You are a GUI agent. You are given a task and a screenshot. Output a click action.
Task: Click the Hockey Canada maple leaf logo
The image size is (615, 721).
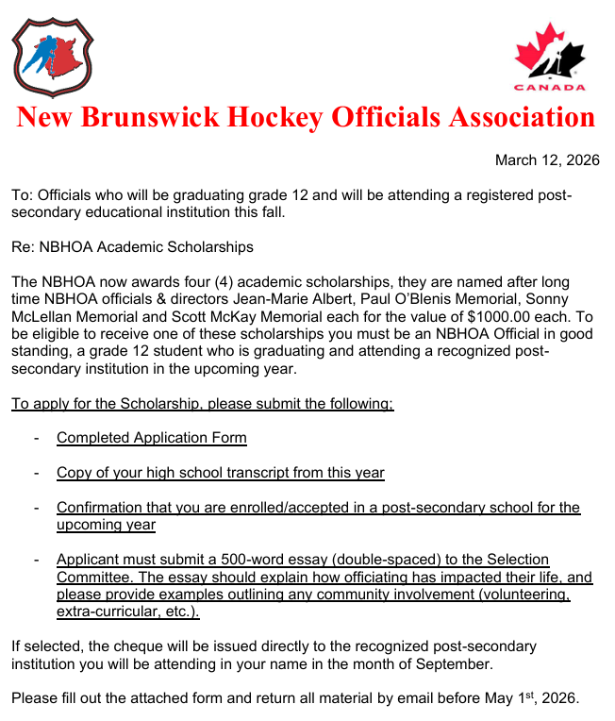(549, 58)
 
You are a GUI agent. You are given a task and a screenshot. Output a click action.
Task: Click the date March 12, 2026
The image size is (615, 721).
(547, 160)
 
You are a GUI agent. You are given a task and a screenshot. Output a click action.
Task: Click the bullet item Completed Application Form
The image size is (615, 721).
(151, 438)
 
